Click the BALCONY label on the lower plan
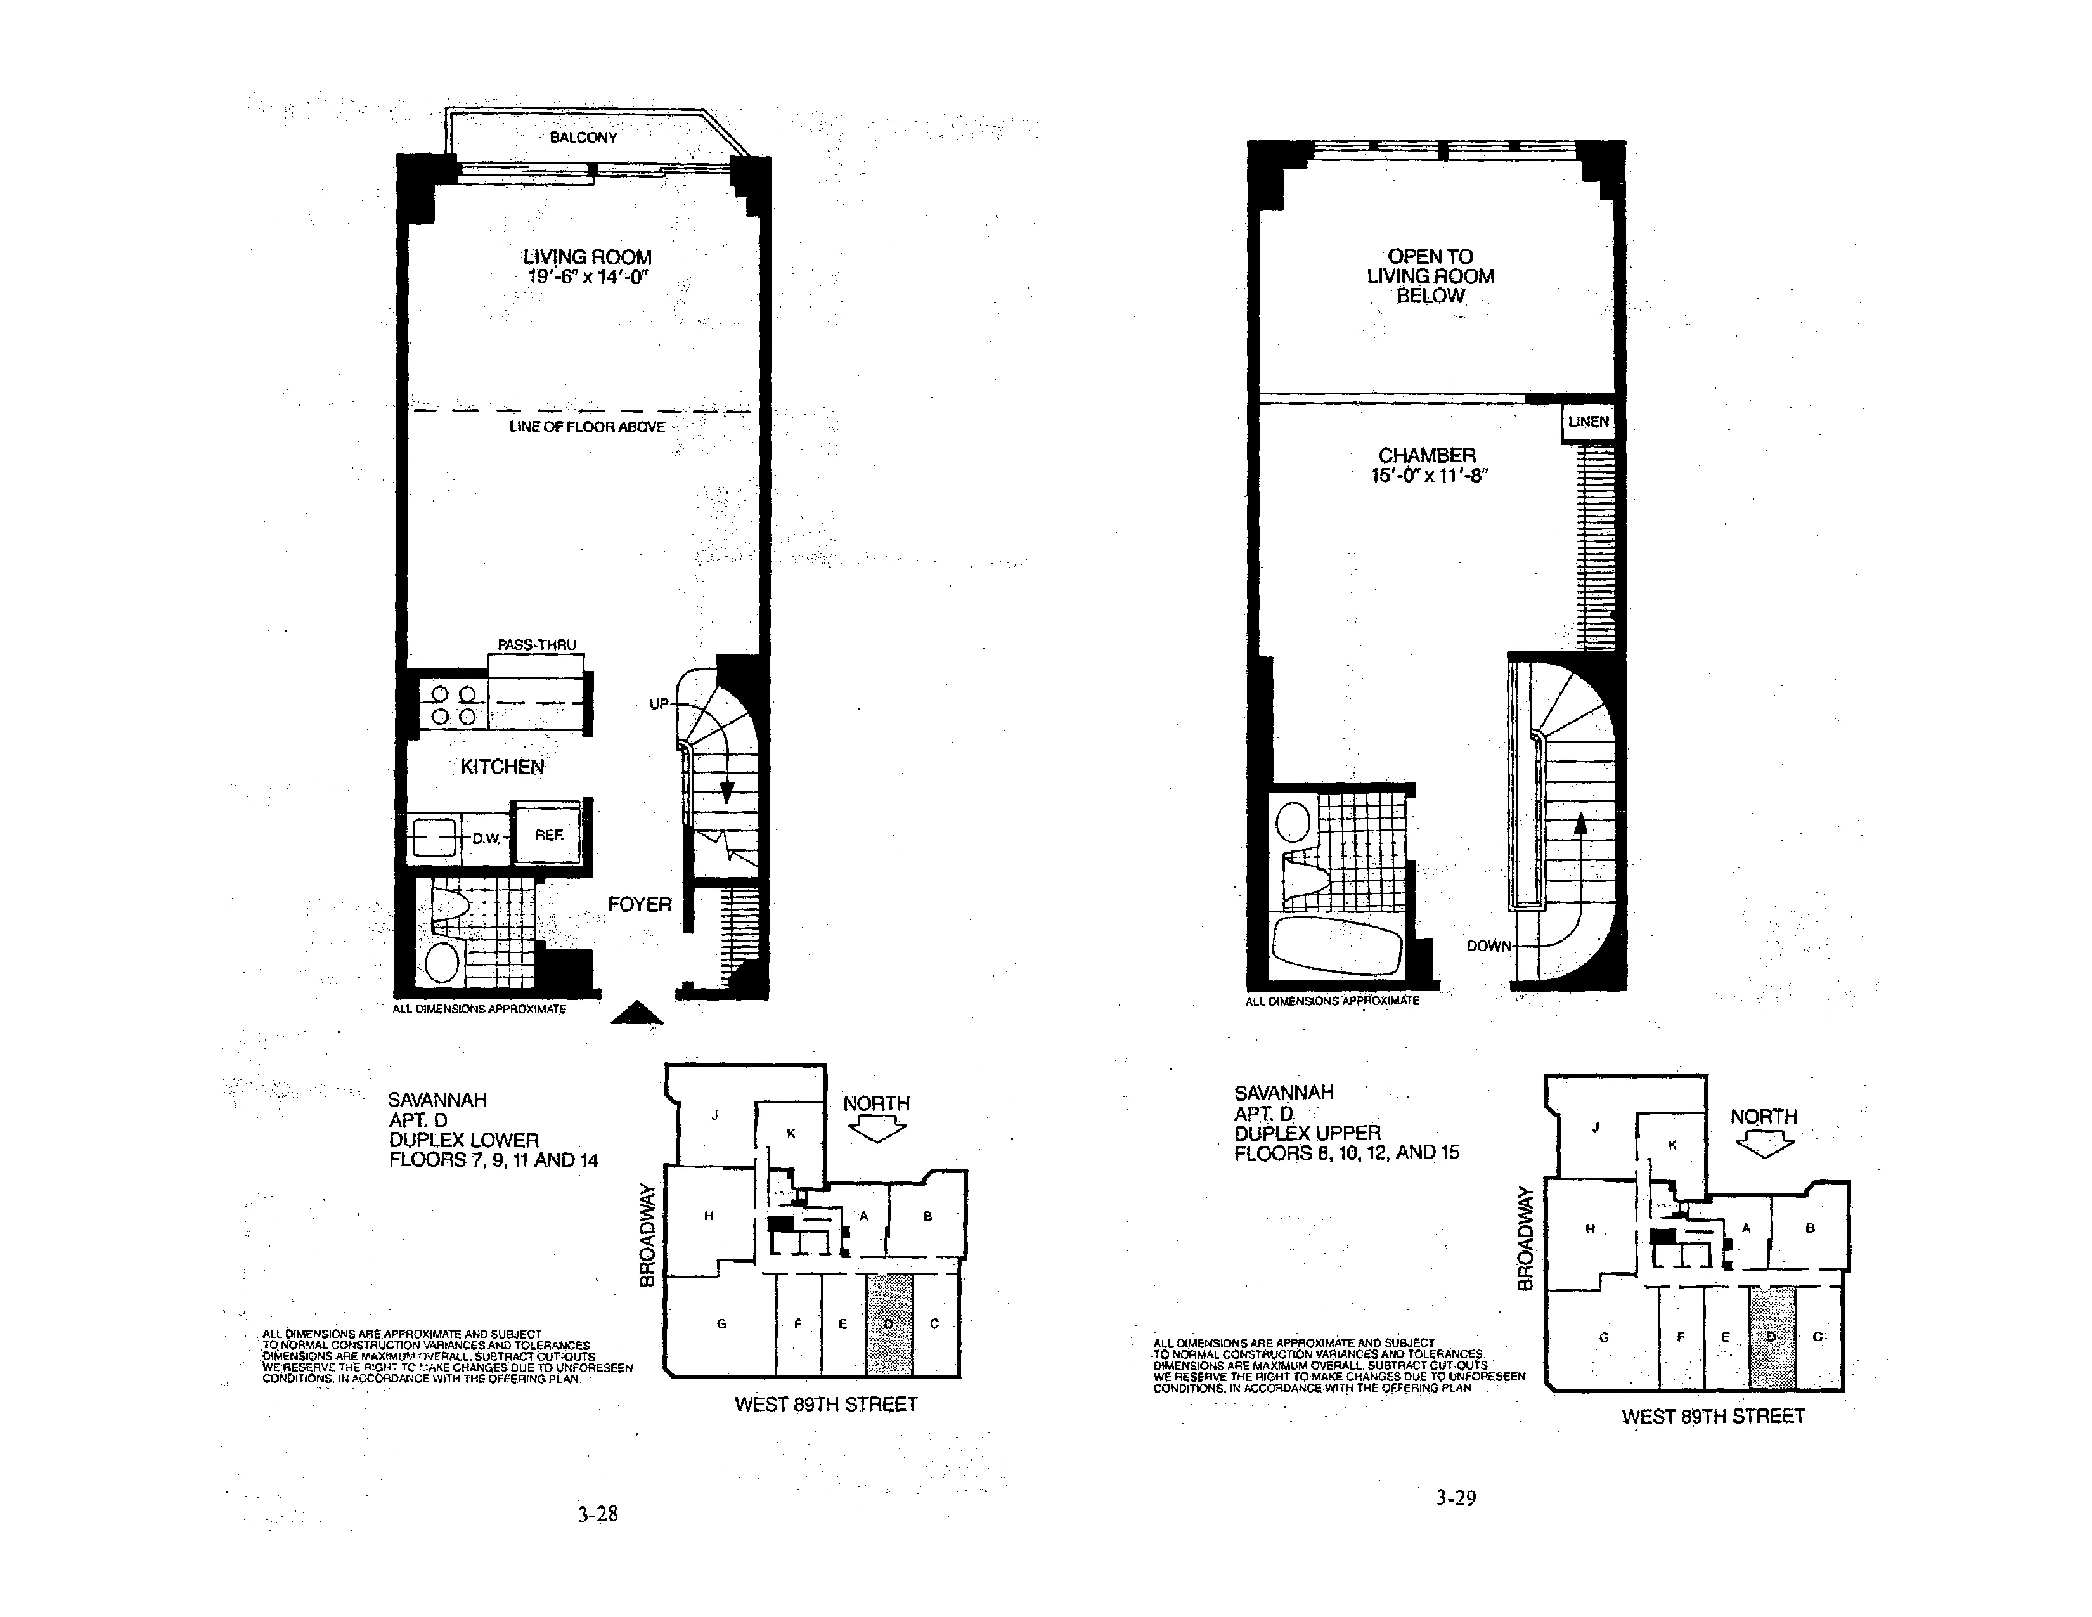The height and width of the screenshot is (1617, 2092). [x=583, y=137]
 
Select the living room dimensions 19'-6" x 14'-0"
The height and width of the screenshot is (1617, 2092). [x=587, y=278]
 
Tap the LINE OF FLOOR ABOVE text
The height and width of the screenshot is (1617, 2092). [x=586, y=427]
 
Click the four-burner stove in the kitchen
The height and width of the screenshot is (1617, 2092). [x=454, y=705]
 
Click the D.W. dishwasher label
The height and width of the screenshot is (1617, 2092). [x=486, y=839]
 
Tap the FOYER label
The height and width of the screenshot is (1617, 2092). [x=639, y=904]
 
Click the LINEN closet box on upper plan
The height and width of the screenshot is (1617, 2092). [x=1588, y=422]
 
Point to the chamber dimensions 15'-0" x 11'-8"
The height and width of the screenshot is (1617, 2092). [x=1427, y=476]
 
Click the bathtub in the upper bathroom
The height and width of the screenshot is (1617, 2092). [x=1336, y=947]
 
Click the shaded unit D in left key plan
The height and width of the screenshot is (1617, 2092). [x=889, y=1325]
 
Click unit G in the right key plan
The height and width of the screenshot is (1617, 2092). [x=1603, y=1337]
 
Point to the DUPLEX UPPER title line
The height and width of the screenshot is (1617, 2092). [x=1307, y=1133]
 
